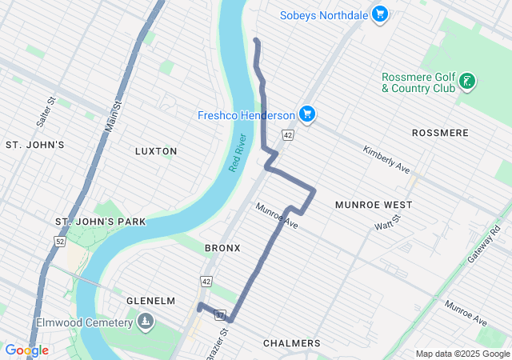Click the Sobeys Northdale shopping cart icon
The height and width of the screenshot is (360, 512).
(380, 14)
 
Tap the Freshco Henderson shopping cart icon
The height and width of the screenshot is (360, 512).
(306, 115)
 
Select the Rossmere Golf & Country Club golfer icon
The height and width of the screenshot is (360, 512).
(468, 82)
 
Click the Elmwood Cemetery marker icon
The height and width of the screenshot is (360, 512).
(145, 322)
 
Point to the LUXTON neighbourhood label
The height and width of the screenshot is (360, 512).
(156, 151)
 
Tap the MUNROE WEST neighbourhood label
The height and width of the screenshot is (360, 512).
(374, 205)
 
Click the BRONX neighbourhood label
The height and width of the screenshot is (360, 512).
(222, 248)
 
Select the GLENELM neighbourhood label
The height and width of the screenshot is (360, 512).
(150, 300)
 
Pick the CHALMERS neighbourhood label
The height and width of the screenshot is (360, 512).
(291, 343)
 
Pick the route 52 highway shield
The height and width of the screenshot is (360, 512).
(59, 241)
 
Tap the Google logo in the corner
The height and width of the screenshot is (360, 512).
(26, 350)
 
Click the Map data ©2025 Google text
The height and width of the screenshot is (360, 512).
(462, 354)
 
